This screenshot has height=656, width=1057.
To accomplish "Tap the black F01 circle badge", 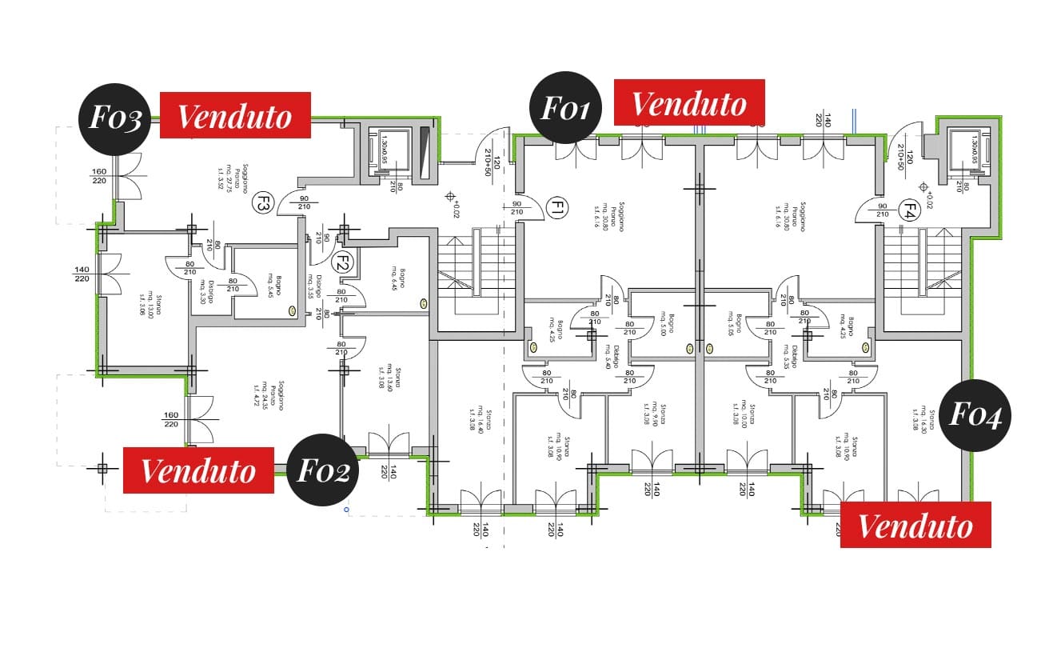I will [565, 107].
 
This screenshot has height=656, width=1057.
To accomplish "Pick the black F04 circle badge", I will [975, 415].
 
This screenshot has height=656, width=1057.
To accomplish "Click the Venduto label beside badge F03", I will [235, 115].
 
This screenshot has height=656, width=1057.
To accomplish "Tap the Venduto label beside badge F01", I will [689, 102].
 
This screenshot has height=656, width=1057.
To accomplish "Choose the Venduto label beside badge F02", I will [198, 470].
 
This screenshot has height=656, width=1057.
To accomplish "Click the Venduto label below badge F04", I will [915, 525].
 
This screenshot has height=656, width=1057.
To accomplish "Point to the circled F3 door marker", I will [261, 203].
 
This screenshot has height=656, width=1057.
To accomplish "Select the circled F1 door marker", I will [556, 210].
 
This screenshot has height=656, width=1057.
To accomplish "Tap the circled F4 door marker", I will [908, 211].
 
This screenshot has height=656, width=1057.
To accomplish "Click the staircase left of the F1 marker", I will [472, 272].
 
